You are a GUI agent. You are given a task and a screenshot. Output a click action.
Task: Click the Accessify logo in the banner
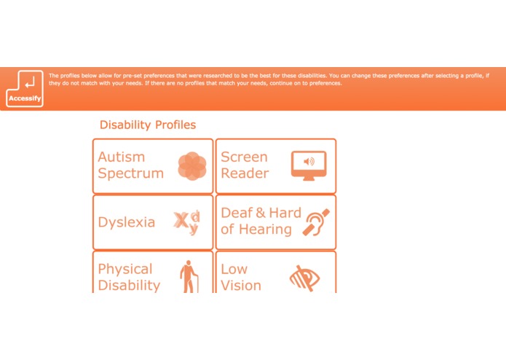(25, 88)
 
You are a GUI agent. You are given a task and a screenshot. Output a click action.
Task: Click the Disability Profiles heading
(148, 125)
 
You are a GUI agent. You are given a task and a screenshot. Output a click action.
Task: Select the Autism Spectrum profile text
(131, 165)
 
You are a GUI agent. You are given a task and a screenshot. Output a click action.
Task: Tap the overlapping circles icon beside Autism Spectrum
(192, 165)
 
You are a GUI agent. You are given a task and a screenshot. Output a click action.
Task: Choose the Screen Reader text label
(245, 165)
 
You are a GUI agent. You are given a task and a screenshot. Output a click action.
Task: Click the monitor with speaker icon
(309, 165)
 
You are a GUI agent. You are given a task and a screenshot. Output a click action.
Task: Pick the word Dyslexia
(127, 222)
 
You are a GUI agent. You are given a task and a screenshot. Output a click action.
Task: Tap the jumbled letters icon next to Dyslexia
(187, 222)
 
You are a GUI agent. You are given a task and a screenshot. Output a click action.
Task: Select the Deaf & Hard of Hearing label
(260, 221)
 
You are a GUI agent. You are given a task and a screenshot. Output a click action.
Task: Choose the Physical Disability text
(129, 277)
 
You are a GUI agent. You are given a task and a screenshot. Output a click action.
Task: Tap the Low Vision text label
(241, 277)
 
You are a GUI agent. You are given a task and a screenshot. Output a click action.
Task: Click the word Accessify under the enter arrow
(25, 98)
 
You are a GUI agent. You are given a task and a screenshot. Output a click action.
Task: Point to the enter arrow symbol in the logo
(26, 82)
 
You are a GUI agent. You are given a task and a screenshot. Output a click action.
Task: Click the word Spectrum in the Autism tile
(131, 173)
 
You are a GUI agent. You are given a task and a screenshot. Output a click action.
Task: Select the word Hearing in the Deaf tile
(266, 230)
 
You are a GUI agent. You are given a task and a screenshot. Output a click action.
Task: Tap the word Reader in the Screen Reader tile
(245, 173)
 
